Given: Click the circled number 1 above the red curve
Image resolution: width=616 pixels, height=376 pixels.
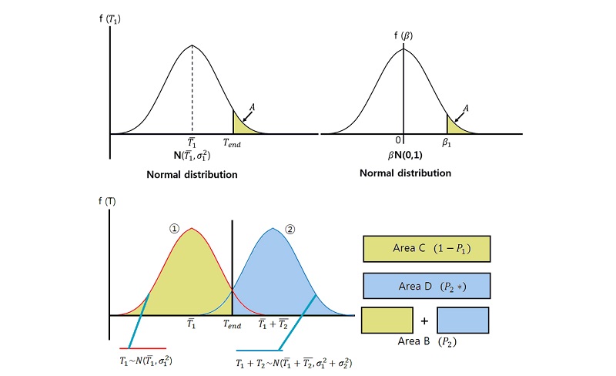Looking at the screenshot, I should (173, 228).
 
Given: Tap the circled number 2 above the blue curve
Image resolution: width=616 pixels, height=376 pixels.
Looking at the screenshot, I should (290, 228).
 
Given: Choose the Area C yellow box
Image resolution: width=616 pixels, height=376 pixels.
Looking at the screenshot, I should (426, 250).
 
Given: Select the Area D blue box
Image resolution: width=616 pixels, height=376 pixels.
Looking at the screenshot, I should (426, 286).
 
